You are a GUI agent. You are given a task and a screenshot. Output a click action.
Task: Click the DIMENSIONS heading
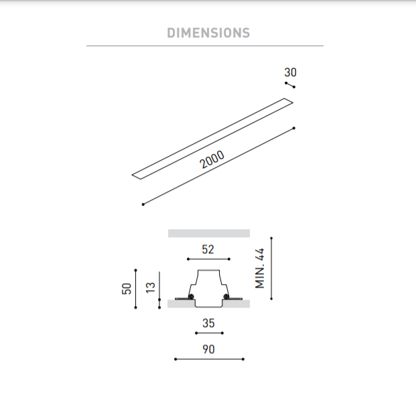(x=208, y=33)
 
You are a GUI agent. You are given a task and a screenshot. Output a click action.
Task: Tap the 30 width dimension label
(x=290, y=72)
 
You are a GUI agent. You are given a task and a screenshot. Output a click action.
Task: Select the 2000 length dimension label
(x=212, y=159)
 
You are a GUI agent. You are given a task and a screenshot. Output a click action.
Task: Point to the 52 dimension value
(x=208, y=249)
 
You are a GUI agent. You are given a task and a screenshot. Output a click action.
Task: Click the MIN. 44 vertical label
(x=260, y=268)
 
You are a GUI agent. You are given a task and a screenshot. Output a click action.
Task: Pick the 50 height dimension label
(x=127, y=289)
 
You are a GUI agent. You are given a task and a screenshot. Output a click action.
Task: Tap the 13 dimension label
(x=151, y=287)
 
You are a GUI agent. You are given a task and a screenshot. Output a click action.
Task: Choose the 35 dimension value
(x=208, y=323)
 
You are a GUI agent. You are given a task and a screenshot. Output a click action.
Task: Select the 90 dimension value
(x=208, y=349)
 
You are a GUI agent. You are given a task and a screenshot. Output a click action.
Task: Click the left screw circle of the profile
(x=191, y=297)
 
